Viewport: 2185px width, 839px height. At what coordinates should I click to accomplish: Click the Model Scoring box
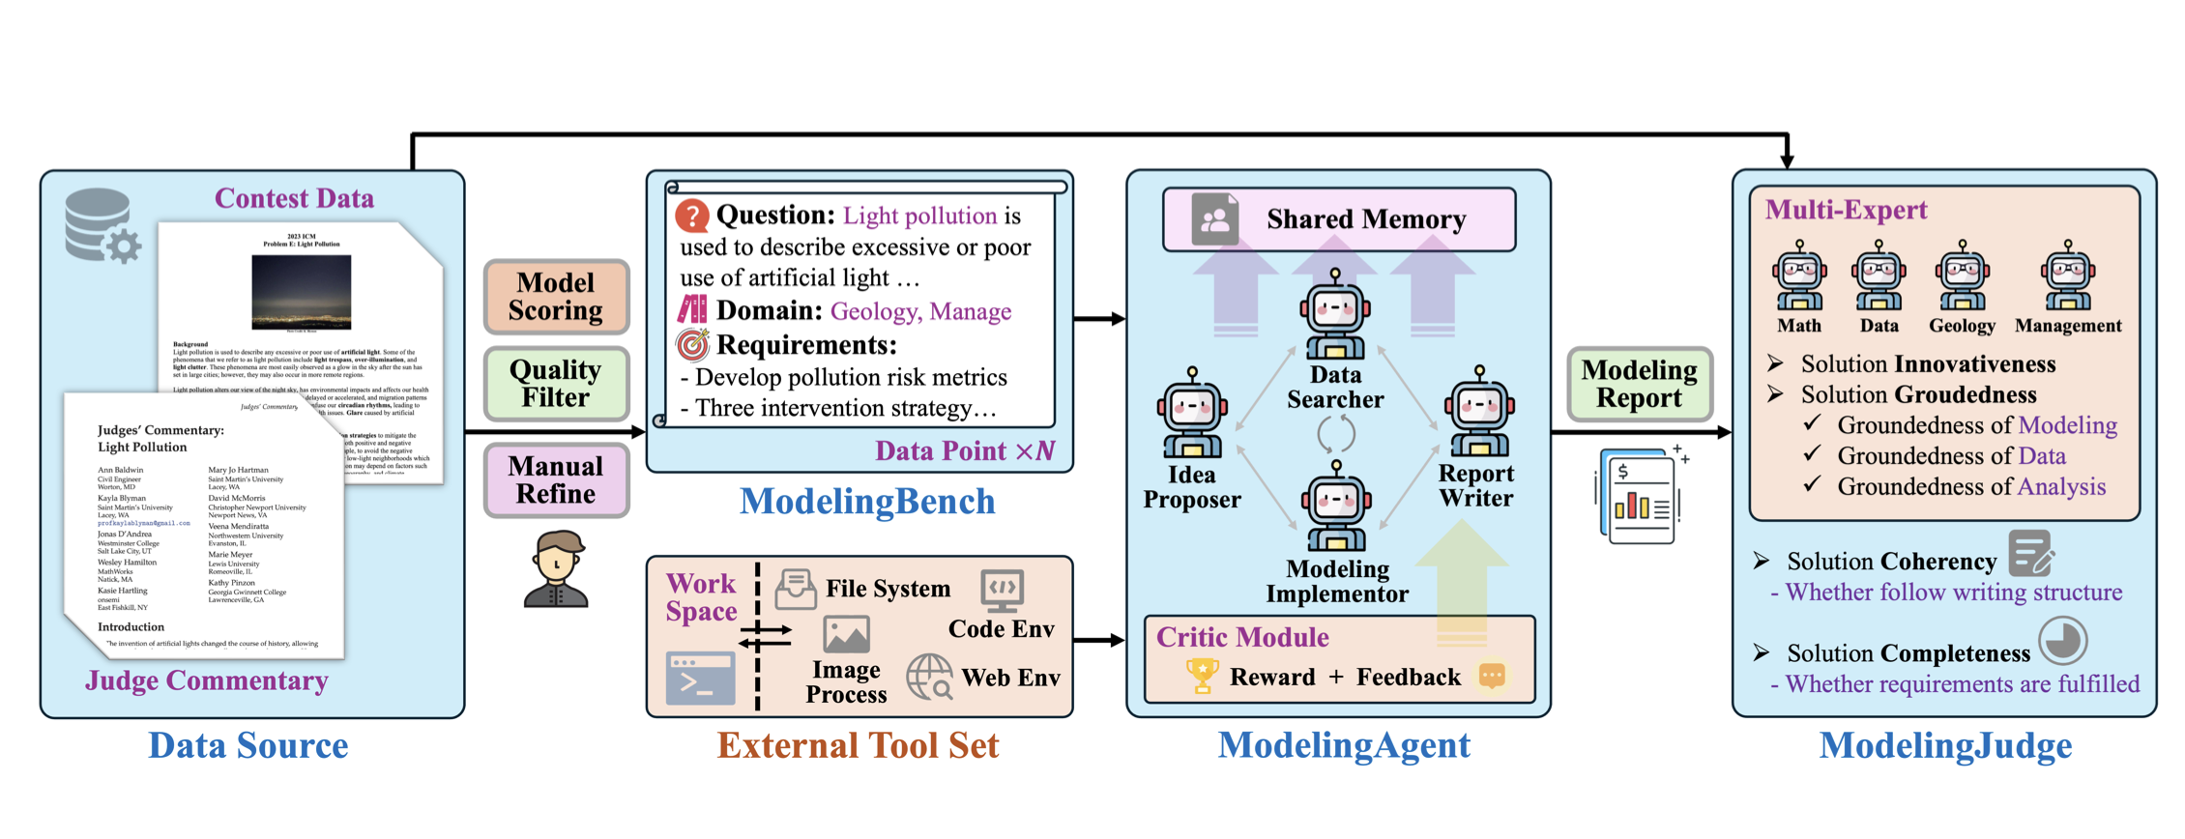point(556,297)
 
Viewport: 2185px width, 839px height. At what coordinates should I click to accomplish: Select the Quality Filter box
point(556,384)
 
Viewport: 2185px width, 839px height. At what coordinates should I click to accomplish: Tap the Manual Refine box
point(556,480)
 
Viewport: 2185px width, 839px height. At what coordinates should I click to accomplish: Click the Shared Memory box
point(1339,219)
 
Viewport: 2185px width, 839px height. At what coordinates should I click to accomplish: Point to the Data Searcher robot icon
point(1335,313)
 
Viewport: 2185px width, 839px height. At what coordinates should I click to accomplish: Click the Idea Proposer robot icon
point(1192,413)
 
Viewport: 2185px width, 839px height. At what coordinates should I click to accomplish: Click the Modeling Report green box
point(1639,384)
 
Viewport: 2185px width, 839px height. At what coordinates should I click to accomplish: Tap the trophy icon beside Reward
point(1202,676)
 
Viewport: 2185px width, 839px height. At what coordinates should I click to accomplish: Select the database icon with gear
point(102,227)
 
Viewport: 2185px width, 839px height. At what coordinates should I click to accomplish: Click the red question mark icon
point(692,216)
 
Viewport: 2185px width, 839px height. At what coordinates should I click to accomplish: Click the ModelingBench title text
point(867,502)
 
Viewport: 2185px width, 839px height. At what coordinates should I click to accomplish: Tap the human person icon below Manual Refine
point(556,569)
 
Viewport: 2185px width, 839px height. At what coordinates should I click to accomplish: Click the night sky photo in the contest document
point(301,292)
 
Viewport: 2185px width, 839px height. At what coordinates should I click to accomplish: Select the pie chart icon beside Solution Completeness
point(2062,641)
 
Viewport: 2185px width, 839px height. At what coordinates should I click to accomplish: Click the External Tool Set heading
point(858,745)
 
